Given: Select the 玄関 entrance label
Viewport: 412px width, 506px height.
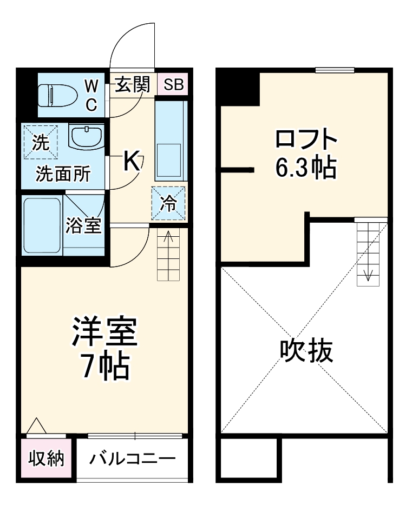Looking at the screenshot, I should (x=132, y=84).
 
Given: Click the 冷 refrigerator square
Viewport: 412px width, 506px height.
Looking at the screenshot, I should (x=168, y=203).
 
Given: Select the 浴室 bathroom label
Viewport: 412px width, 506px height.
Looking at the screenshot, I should (x=83, y=225).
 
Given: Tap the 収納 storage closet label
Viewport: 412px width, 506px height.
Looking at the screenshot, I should (x=47, y=459).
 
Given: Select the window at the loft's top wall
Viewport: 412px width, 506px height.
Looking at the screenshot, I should (x=335, y=70).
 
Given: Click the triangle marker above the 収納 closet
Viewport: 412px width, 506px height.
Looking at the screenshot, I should (x=36, y=425).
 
